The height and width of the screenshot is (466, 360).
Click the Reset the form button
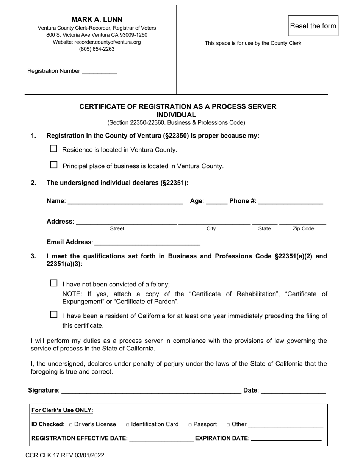pyautogui.click(x=313, y=26)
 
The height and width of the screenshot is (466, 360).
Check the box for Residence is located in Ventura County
pyautogui.click(x=54, y=149)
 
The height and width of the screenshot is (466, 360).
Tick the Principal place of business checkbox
pyautogui.click(x=54, y=165)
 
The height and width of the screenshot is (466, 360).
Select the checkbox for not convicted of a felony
pyautogui.click(x=54, y=283)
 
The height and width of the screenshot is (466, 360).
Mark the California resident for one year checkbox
pyautogui.click(x=54, y=315)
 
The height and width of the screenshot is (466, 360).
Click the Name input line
pyautogui.click(x=125, y=201)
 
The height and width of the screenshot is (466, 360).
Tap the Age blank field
pyautogui.click(x=216, y=201)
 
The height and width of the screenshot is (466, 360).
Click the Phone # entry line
pyautogui.click(x=291, y=201)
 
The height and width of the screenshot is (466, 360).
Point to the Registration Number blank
pyautogui.click(x=99, y=71)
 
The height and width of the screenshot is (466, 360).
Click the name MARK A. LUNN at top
pyautogui.click(x=97, y=20)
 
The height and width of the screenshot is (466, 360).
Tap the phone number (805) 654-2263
pyautogui.click(x=97, y=49)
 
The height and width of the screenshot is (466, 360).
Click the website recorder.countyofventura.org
pyautogui.click(x=97, y=42)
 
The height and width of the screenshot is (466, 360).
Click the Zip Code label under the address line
pyautogui.click(x=303, y=229)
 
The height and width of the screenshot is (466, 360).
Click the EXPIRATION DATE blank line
pyautogui.click(x=286, y=438)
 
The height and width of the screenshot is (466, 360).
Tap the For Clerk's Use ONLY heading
pyautogui.click(x=62, y=410)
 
